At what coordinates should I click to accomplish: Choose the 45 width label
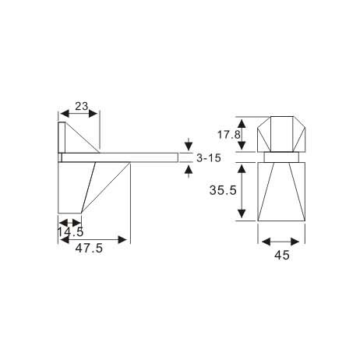(x=281, y=255)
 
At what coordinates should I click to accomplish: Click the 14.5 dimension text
(x=70, y=231)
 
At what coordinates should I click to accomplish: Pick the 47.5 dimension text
(x=91, y=249)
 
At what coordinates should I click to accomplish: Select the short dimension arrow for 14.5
(x=70, y=222)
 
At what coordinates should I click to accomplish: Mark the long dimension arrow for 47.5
(x=94, y=239)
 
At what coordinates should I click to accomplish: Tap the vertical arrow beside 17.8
(x=244, y=134)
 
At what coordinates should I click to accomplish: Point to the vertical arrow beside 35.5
(x=244, y=190)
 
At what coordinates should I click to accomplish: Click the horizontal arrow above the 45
(x=282, y=240)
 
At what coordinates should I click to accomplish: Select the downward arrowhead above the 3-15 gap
(x=188, y=145)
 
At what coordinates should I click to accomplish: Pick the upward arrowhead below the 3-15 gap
(x=188, y=169)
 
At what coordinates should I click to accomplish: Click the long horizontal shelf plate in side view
(x=121, y=157)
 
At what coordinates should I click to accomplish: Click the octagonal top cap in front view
(x=282, y=134)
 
